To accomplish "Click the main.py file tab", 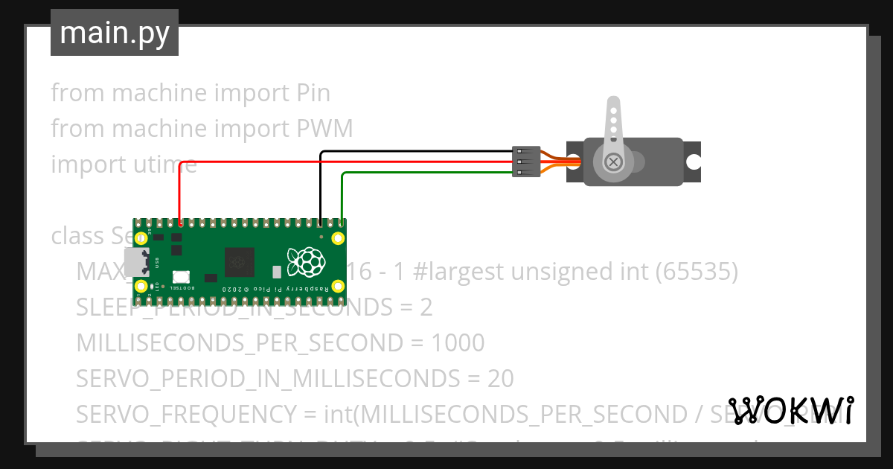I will click(x=114, y=33).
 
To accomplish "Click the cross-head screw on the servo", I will click(x=613, y=161).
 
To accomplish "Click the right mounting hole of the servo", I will click(x=694, y=161).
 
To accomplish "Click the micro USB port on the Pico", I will click(x=138, y=261).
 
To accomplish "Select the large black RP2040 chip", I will click(x=239, y=262).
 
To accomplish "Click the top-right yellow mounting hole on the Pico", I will click(x=338, y=238).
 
